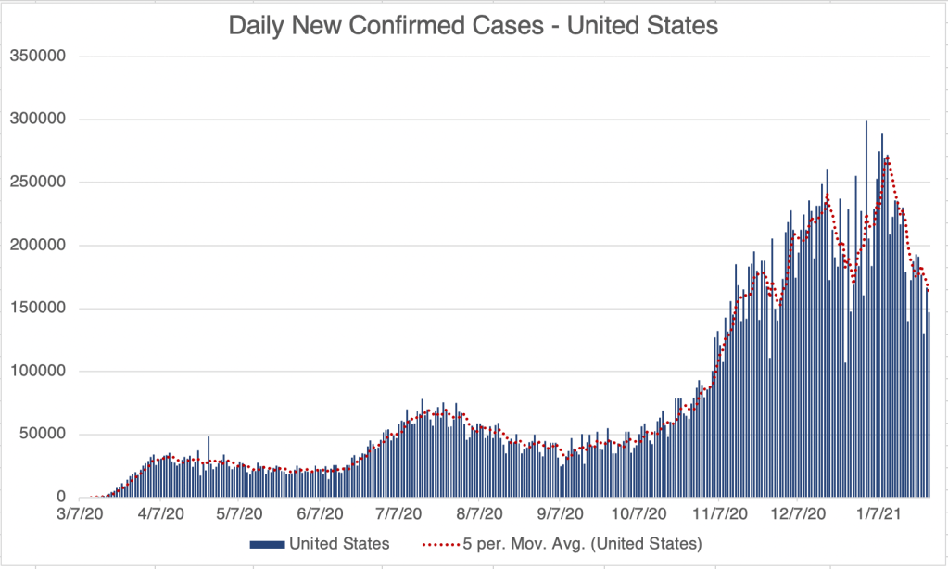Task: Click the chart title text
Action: [x=474, y=26]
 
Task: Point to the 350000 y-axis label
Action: [x=38, y=57]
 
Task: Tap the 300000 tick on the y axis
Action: [x=38, y=120]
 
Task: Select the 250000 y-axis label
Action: [x=38, y=183]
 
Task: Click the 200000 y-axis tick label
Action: [x=38, y=246]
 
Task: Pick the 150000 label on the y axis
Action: [x=38, y=309]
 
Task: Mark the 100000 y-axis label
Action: [x=38, y=372]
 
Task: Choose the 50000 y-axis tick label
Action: [x=42, y=435]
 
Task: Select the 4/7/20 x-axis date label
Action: [x=160, y=512]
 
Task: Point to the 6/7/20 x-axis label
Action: [x=320, y=512]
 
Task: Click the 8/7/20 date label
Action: [x=479, y=512]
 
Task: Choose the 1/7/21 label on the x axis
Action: [x=878, y=512]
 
